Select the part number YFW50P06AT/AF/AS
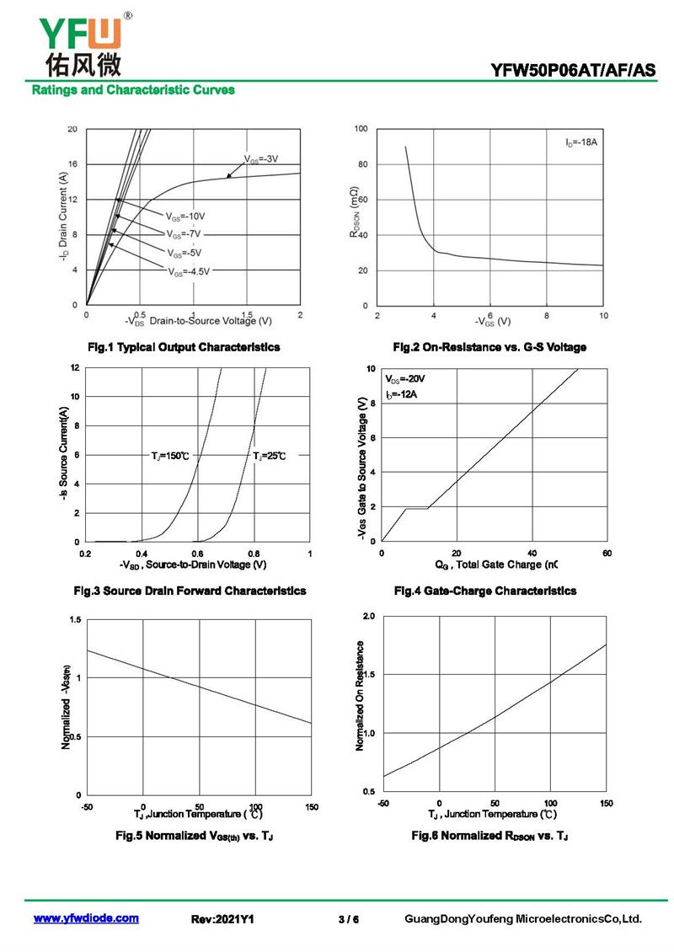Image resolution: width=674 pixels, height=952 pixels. (x=573, y=71)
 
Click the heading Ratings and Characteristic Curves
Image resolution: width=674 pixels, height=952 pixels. (x=133, y=90)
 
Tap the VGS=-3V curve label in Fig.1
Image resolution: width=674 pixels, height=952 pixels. (x=261, y=159)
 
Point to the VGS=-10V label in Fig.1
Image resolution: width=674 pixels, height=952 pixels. (x=185, y=217)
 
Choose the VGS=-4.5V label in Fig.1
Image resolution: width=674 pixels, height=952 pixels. (x=189, y=272)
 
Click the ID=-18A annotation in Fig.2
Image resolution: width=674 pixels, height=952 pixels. (x=581, y=142)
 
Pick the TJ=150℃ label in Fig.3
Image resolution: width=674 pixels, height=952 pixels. (x=170, y=455)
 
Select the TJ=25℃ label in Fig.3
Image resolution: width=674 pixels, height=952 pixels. (x=269, y=455)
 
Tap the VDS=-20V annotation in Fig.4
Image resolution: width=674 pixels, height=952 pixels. (x=405, y=379)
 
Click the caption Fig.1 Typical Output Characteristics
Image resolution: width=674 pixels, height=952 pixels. (x=184, y=347)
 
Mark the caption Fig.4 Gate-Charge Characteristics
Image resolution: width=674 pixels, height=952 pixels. (x=485, y=591)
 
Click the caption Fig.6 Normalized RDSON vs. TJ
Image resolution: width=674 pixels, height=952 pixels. (x=489, y=836)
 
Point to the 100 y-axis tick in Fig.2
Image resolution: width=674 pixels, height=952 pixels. (x=361, y=129)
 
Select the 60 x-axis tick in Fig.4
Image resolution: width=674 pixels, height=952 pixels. (x=607, y=554)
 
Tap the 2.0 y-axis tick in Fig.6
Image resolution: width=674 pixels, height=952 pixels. (x=368, y=616)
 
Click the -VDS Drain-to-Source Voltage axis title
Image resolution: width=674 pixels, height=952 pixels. (x=199, y=321)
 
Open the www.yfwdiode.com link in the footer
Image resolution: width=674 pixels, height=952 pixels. (x=86, y=918)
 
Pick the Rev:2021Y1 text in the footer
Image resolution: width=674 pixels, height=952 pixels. (x=222, y=919)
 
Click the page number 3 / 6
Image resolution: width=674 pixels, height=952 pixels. (x=349, y=919)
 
